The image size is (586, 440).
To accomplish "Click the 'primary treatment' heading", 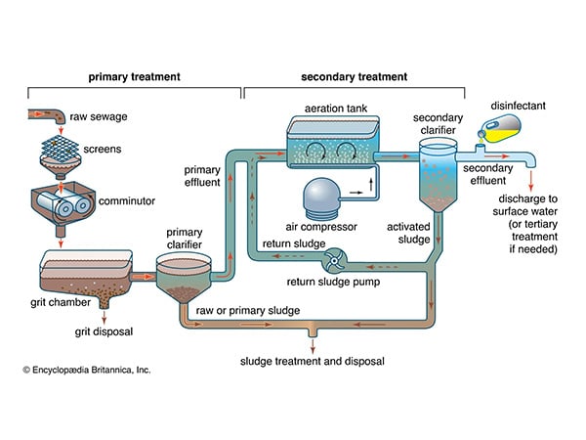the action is (134, 77).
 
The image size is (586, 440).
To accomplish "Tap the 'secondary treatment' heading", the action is (354, 77).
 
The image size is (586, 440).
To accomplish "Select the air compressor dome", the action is (321, 198).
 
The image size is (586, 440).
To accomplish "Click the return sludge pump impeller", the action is (334, 260).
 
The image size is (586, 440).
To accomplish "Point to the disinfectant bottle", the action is (499, 129).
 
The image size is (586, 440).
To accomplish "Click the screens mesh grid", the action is (61, 149).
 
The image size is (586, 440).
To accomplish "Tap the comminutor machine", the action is (63, 204).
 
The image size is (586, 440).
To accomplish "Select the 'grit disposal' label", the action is (104, 331).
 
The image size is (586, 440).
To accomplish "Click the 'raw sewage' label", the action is (99, 116).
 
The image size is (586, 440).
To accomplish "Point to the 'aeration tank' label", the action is (336, 109).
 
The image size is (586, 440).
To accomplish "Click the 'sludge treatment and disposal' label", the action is (313, 362).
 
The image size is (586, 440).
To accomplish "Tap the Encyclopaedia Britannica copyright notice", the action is (87, 370).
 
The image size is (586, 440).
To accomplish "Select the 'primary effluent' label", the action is (202, 176).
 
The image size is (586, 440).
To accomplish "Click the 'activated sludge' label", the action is (408, 233).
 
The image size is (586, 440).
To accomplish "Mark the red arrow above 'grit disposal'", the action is (104, 317).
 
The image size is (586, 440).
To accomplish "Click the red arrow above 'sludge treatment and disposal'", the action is (313, 346).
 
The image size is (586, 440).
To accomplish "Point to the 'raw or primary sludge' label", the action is (248, 311).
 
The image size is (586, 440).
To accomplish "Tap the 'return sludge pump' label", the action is (333, 282).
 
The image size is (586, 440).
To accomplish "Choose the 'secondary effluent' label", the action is (487, 174).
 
